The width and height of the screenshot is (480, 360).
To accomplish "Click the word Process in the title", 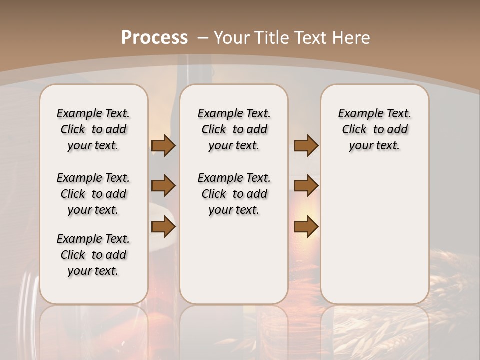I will [154, 37].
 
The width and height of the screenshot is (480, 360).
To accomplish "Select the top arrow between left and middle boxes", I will [163, 145].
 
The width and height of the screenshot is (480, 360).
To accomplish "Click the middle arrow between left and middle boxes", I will [163, 186].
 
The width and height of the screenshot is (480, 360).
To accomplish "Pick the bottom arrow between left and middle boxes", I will [163, 227].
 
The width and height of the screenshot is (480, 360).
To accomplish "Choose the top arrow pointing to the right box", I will [306, 145].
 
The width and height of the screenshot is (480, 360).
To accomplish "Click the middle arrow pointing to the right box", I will [306, 186].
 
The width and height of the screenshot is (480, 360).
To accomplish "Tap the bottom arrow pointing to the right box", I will [306, 227].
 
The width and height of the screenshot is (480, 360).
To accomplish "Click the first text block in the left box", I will [93, 129].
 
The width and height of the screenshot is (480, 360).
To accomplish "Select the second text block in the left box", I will [93, 194].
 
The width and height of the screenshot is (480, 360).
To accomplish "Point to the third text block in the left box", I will [93, 255].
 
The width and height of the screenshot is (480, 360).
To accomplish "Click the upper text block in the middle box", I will [234, 129].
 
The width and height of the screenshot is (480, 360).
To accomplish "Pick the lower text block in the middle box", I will [234, 194].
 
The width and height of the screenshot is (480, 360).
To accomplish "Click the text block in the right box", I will [374, 129].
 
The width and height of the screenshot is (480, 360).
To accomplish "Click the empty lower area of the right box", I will [374, 235].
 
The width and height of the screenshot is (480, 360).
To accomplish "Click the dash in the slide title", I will [202, 37].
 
